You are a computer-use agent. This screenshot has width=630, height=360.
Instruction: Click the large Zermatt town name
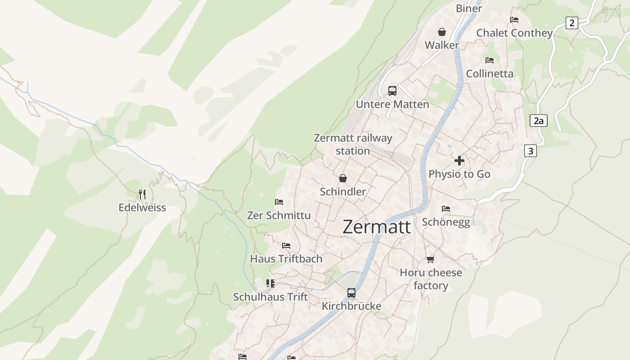pos(377,227)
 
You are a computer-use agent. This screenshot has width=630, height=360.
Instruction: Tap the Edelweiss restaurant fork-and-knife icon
pos(142,194)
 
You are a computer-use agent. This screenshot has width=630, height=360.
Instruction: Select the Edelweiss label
pos(142,207)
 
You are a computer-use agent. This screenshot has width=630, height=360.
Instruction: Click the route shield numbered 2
pos(571,23)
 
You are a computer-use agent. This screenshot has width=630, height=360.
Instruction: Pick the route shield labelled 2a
pos(538,121)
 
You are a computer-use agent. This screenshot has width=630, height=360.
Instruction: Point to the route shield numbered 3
pos(531,151)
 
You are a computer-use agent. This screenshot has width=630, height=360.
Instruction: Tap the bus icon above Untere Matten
pos(392,91)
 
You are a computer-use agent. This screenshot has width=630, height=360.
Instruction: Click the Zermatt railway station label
pos(353,144)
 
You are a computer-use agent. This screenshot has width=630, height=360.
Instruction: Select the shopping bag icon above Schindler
pos(343,178)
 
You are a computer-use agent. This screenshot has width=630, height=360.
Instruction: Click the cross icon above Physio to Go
pos(459,161)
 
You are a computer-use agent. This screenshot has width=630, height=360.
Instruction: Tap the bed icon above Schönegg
pos(446,208)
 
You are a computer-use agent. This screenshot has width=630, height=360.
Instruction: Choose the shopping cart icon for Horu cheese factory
pos(431,259)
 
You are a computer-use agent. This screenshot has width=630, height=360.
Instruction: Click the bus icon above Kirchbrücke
pos(351,293)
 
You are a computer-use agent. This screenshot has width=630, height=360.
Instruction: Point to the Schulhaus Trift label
pos(270,297)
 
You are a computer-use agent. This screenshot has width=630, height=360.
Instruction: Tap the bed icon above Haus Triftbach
pos(286,246)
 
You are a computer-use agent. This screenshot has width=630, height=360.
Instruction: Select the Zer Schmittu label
pos(279,216)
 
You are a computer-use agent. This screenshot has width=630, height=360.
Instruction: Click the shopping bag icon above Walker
pos(442,32)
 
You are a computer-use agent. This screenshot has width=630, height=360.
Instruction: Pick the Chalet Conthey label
pos(514,33)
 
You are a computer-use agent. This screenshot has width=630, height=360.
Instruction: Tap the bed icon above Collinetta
pos(490,60)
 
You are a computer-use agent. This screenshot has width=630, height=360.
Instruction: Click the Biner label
pos(469,8)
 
